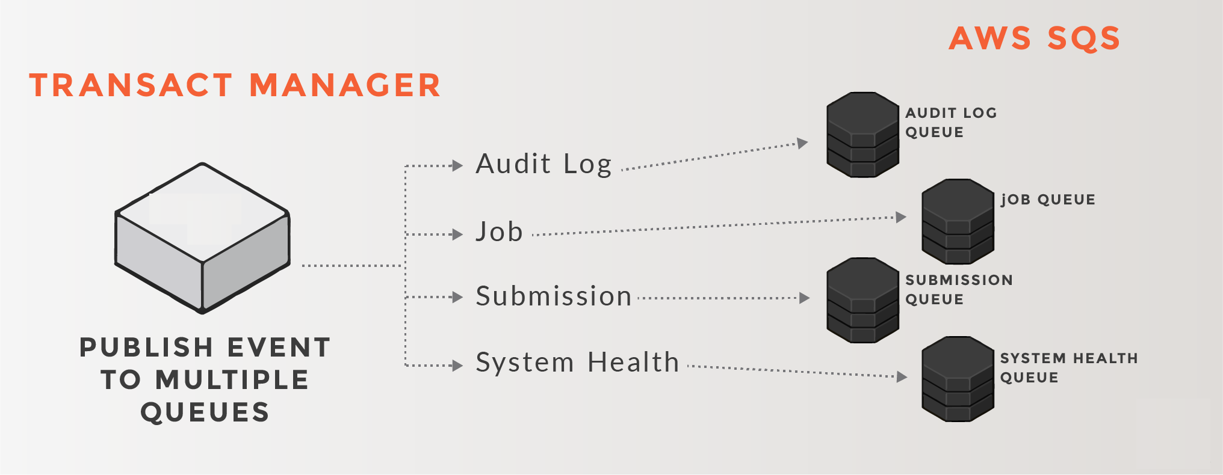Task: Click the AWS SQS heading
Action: coord(1034,38)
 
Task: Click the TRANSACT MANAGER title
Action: coord(235,85)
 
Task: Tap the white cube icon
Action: coord(203,238)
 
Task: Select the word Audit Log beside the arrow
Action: coord(543,164)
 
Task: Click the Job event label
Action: coord(499,232)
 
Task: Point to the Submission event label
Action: coord(553,296)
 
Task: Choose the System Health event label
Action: coord(577,363)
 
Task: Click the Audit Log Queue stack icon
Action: coord(862,135)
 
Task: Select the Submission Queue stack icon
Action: coord(862,301)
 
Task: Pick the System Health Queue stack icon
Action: coord(958,379)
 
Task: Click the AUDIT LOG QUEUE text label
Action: coord(951,122)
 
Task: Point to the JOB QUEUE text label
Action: coord(1048,200)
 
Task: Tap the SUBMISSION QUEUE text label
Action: coord(959,289)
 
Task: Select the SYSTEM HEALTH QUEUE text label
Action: coord(1068,367)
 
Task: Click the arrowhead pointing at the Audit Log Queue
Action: coord(802,143)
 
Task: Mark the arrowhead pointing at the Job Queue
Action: coord(901,217)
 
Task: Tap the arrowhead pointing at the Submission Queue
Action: coord(804,298)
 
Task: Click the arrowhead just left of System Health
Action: coord(457,365)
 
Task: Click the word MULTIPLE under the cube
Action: coord(232,380)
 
